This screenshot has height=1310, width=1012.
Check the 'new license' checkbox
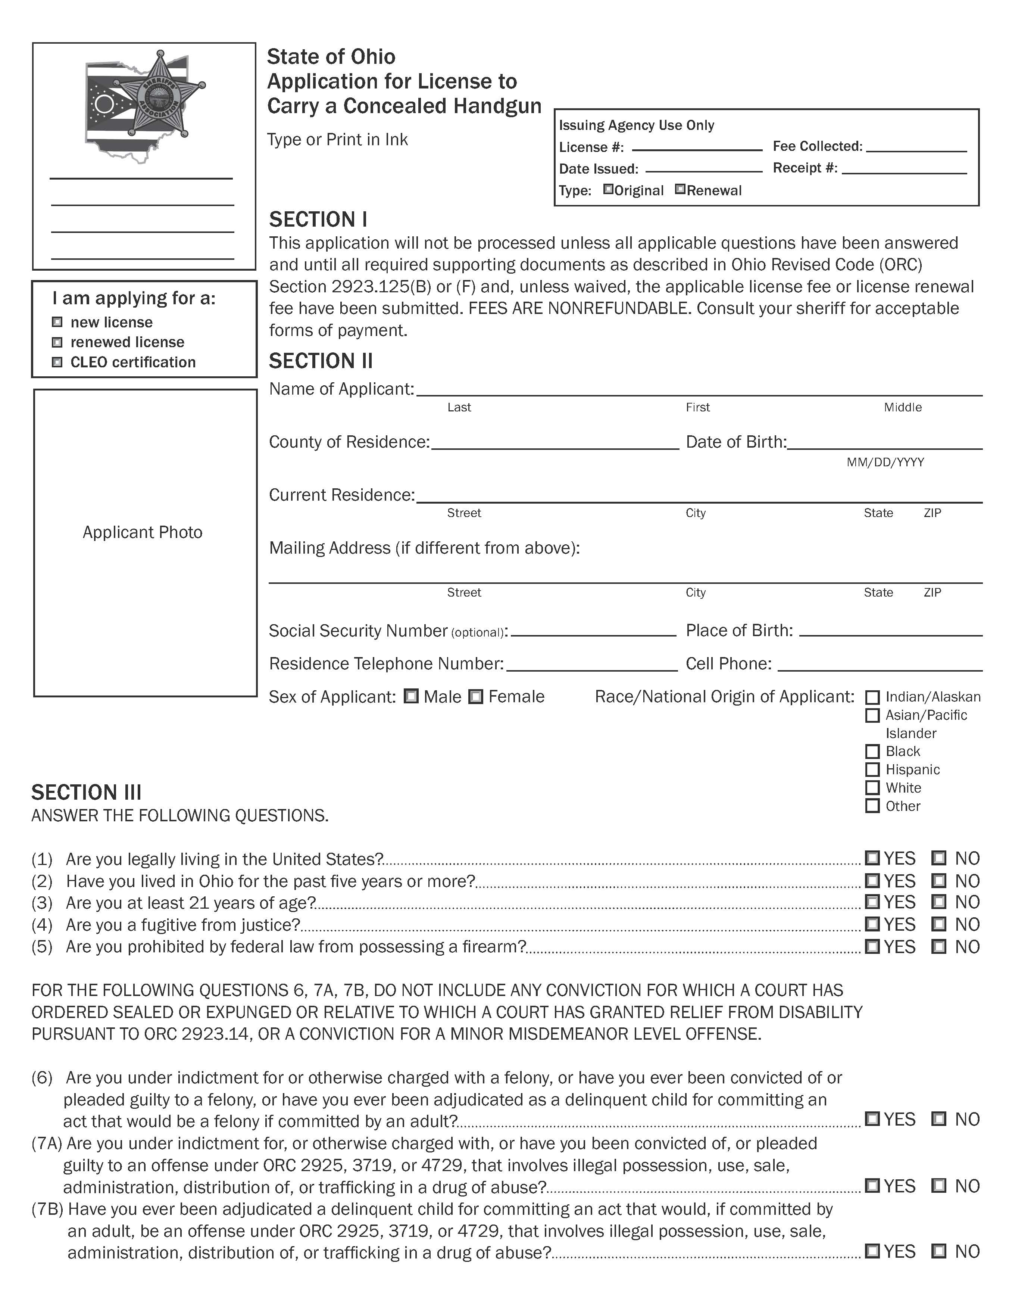pyautogui.click(x=57, y=322)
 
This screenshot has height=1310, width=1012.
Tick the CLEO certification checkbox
pyautogui.click(x=57, y=362)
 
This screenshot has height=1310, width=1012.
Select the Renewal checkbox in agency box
pyautogui.click(x=680, y=190)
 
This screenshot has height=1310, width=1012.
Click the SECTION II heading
pyautogui.click(x=321, y=361)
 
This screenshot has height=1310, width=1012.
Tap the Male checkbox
pyautogui.click(x=411, y=696)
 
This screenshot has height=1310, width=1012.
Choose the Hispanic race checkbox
pyautogui.click(x=873, y=769)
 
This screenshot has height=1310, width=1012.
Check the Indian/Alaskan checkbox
pyautogui.click(x=873, y=697)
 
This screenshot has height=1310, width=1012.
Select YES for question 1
pyautogui.click(x=873, y=858)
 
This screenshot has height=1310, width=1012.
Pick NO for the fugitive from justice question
pyautogui.click(x=939, y=924)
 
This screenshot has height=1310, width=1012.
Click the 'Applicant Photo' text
pyautogui.click(x=143, y=533)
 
